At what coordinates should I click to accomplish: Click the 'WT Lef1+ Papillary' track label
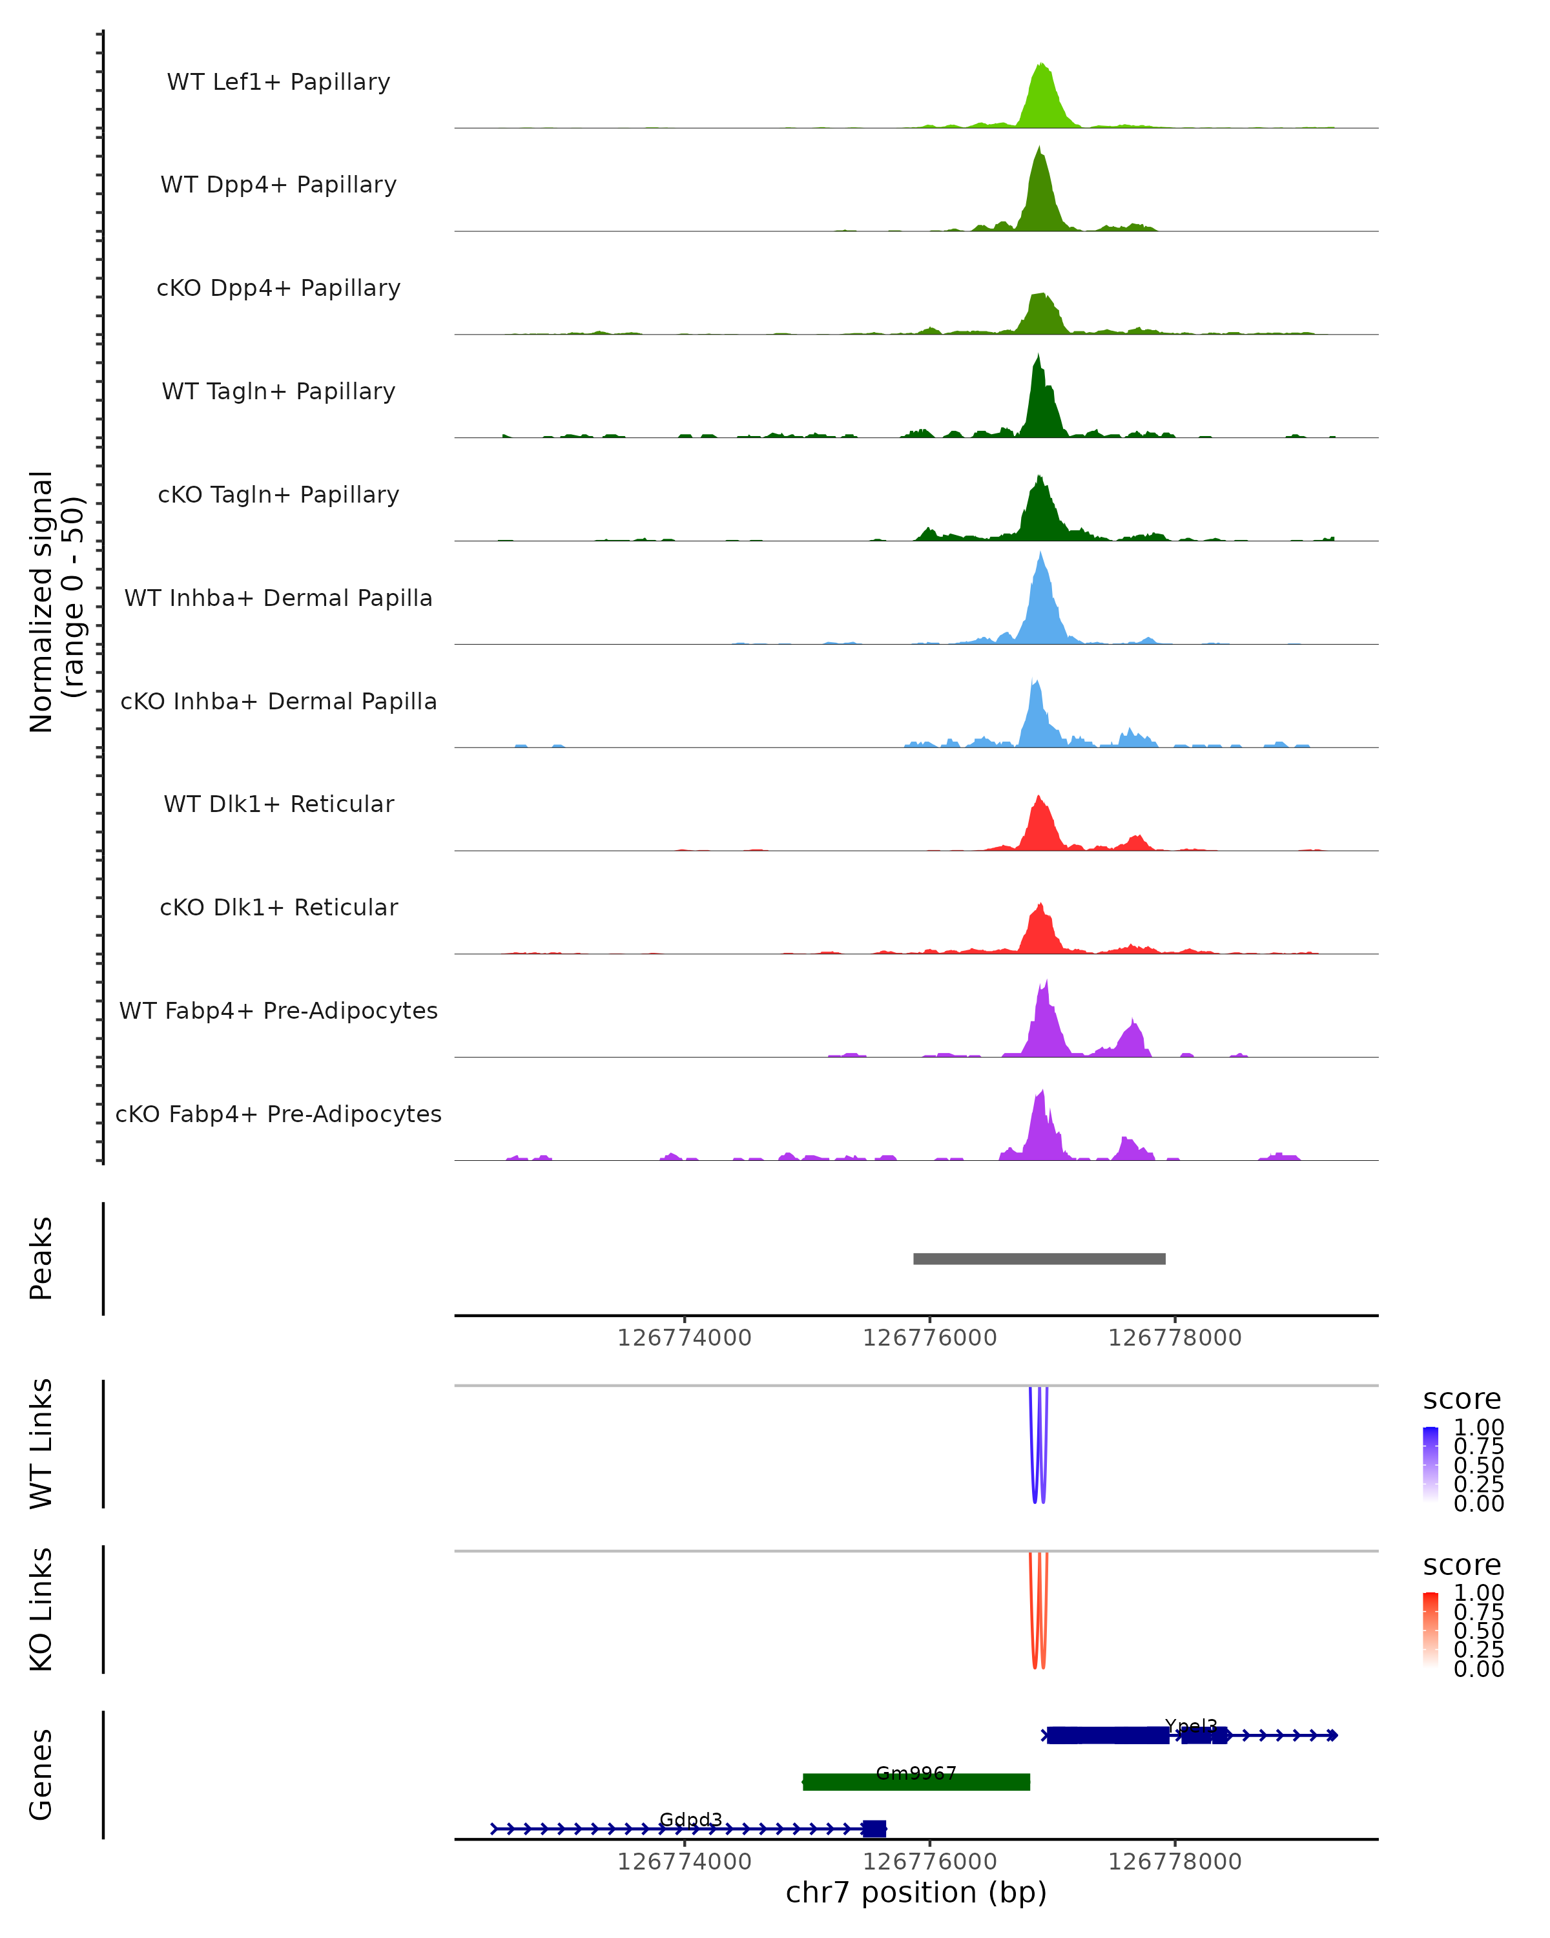pyautogui.click(x=278, y=82)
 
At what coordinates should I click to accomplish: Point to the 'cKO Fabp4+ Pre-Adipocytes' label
pyautogui.click(x=278, y=1114)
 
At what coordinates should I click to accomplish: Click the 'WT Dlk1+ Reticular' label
pyautogui.click(x=278, y=804)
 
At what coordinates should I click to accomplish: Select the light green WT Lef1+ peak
pyautogui.click(x=1042, y=99)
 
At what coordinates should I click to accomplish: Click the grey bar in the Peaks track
pyautogui.click(x=1038, y=1258)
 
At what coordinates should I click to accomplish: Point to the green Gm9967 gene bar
pyautogui.click(x=916, y=1782)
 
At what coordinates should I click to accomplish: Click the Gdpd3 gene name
pyautogui.click(x=690, y=1819)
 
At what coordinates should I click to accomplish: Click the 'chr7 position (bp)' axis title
pyautogui.click(x=916, y=1893)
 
